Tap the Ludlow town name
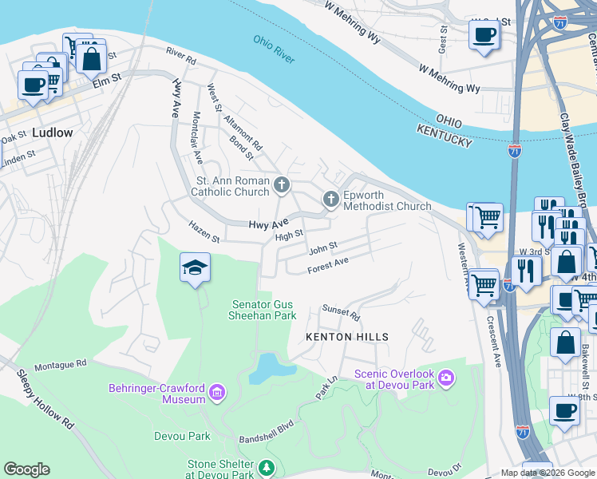point(52,133)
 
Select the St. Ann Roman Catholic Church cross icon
point(281,186)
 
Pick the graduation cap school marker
point(195,267)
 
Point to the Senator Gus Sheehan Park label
point(264,310)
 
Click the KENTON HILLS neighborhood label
point(348,337)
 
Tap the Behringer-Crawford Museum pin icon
point(216,393)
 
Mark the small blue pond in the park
point(264,369)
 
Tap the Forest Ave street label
point(328,264)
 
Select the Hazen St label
point(204,232)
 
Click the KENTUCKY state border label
point(443,141)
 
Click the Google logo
point(26,469)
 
